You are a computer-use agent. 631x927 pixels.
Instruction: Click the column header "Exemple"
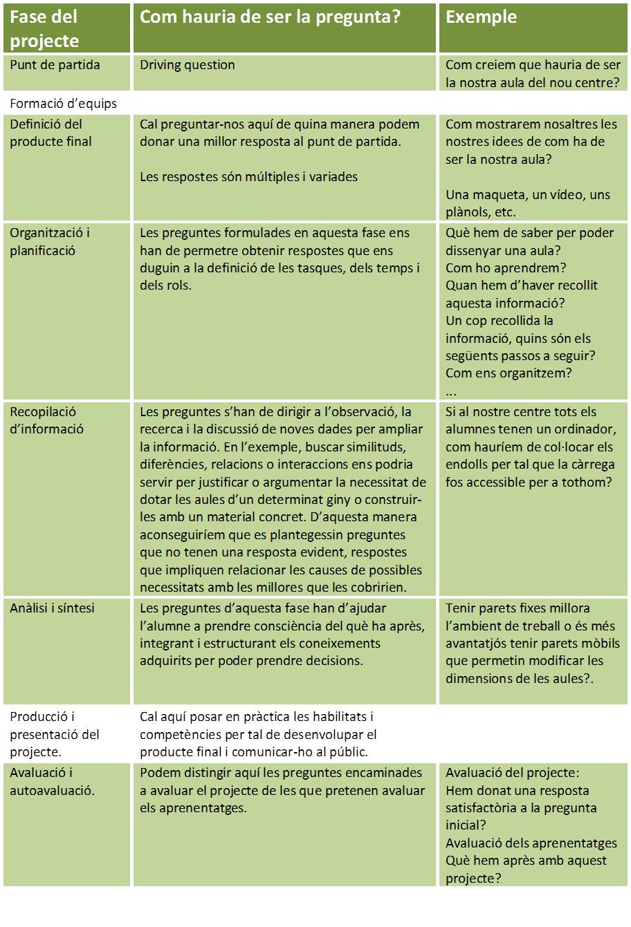[x=481, y=17]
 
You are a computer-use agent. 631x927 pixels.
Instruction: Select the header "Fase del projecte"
[x=44, y=29]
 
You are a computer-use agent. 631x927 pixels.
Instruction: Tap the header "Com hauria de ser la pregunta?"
[x=271, y=17]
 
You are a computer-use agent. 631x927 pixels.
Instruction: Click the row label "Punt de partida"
[x=55, y=65]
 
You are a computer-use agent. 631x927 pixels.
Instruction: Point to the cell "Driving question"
[x=188, y=65]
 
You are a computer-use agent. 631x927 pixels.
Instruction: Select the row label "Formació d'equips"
[x=64, y=104]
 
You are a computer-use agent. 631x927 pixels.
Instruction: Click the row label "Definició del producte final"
[x=51, y=133]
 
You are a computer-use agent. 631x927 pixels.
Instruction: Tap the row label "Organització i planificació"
[x=50, y=242]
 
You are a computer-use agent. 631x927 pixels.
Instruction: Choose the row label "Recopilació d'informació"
[x=46, y=420]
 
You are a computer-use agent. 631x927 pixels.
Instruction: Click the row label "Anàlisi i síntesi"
[x=53, y=608]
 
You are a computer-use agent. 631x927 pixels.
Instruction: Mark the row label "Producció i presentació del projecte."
[x=55, y=734]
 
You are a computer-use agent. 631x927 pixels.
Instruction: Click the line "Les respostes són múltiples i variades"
[x=249, y=176]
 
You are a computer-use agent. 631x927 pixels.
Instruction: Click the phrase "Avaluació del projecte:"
[x=513, y=773]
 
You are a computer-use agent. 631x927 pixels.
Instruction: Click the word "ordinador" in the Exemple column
[x=566, y=429]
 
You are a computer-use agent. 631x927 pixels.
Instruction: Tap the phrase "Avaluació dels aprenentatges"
[x=531, y=843]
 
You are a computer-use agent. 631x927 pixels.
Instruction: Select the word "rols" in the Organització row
[x=179, y=285]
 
